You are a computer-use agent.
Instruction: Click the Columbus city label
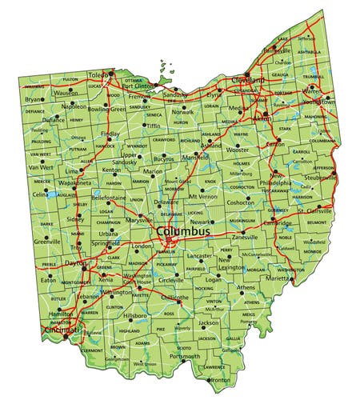pos(183,231)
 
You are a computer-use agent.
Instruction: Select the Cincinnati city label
pos(62,328)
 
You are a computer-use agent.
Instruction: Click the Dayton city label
pos(75,262)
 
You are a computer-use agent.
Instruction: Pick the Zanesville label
pos(245,238)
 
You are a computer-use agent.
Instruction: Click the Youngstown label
pos(318,102)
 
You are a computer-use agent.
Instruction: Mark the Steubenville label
pos(320,177)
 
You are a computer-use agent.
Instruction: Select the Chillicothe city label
pos(174,298)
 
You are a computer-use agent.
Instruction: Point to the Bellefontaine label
pos(109,197)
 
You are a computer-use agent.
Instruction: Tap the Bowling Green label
pos(107,109)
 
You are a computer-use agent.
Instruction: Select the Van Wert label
pos(40,167)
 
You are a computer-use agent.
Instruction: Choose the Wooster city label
pos(238,150)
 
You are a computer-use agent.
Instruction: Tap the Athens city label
pos(246,287)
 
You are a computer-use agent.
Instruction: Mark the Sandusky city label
pos(175,94)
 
